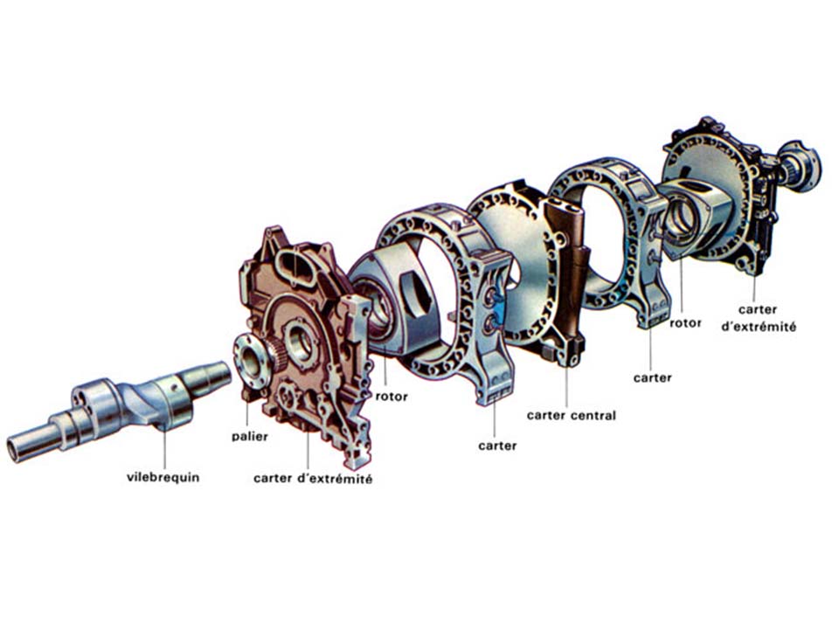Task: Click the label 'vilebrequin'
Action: tap(163, 477)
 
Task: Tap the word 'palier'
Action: tap(250, 437)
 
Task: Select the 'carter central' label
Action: tap(571, 416)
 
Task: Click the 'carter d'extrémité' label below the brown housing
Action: tap(313, 479)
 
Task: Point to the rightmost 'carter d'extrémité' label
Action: tap(759, 318)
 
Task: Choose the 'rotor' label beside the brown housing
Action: tap(392, 397)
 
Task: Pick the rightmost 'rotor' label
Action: tap(685, 323)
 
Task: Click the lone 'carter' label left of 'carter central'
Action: tap(497, 446)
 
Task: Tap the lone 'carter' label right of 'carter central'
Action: tap(652, 377)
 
